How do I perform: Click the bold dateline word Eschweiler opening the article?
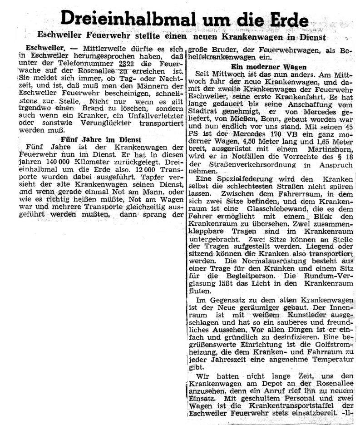click(x=44, y=47)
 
